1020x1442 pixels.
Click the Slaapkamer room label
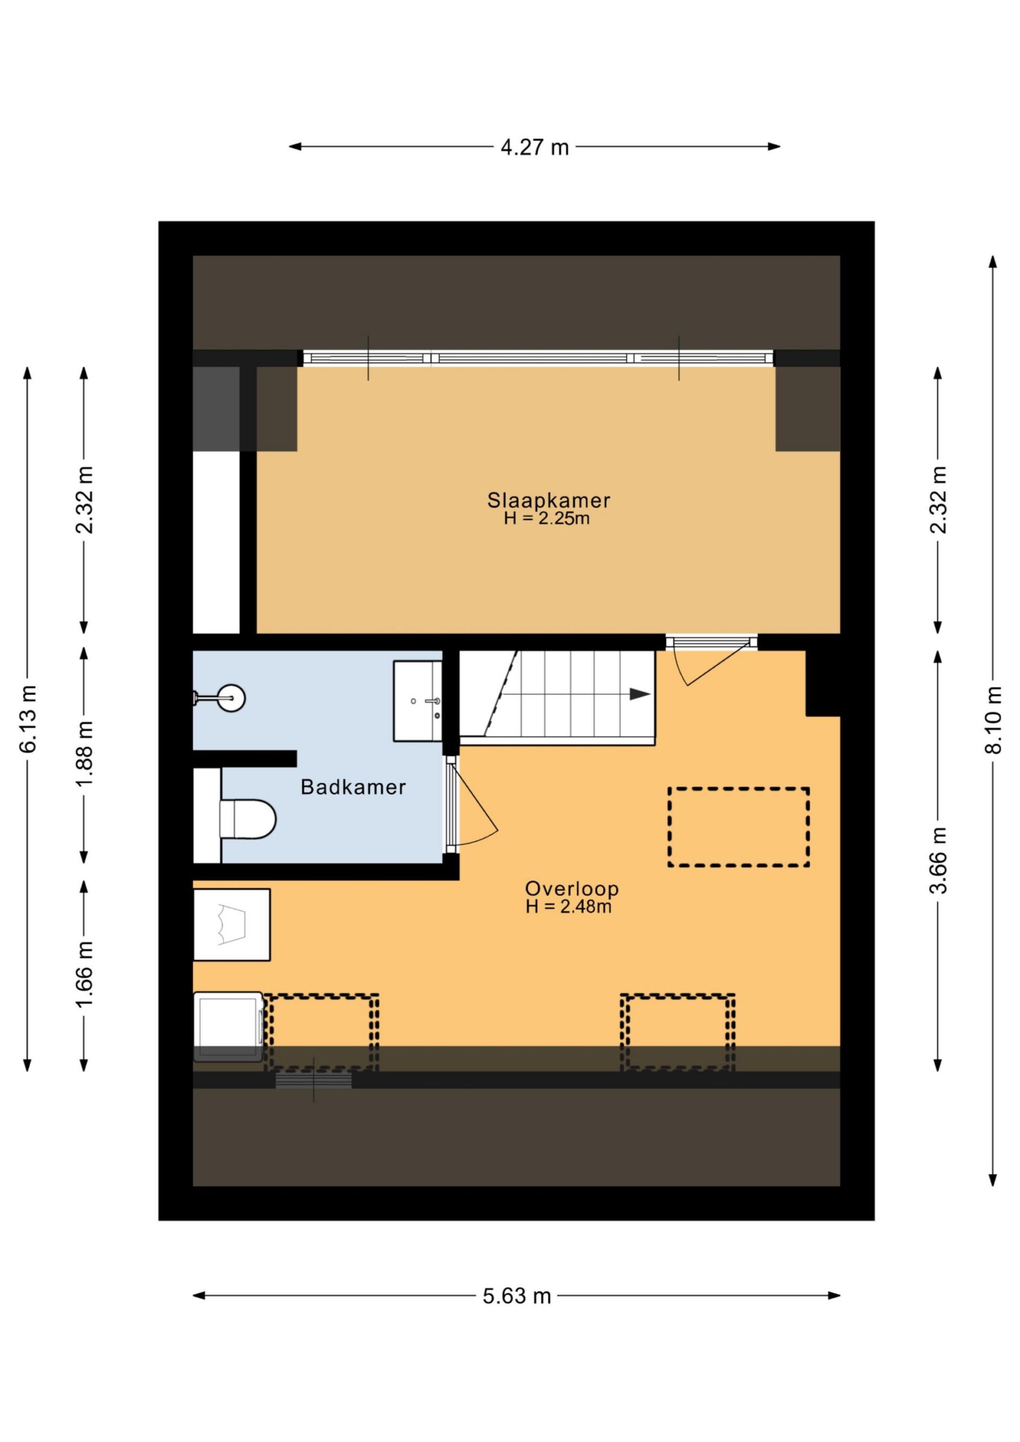coord(549,501)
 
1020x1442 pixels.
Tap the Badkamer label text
coord(353,787)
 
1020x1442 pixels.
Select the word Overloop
coord(572,889)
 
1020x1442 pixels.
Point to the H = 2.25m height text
coord(547,519)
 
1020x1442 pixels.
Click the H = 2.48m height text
coord(569,906)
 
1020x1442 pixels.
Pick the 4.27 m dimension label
coord(534,147)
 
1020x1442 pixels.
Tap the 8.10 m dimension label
coord(993,720)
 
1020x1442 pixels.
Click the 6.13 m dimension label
coord(28,719)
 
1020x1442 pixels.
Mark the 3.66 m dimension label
coord(938,860)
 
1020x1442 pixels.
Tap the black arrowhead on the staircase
coord(640,694)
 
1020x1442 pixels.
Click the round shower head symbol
coord(231,698)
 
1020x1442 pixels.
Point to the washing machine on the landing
coord(228,1027)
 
